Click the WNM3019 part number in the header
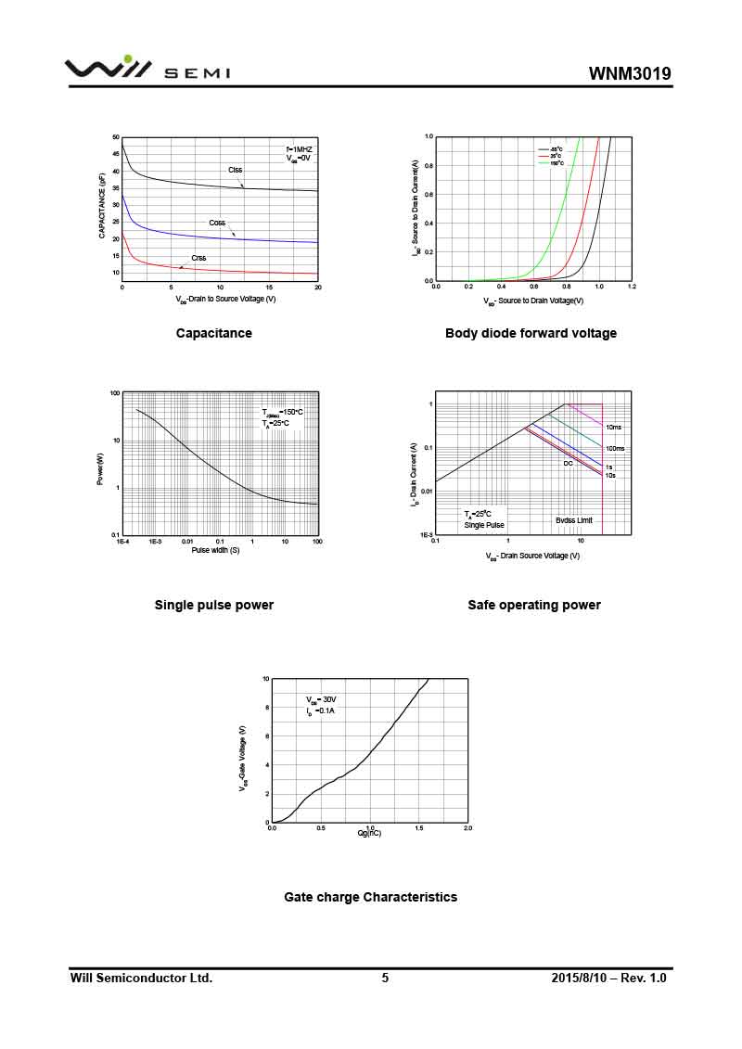(630, 74)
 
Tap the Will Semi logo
(147, 70)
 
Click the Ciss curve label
(236, 170)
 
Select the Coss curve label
(217, 223)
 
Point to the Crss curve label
(198, 258)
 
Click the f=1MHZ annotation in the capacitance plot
(300, 149)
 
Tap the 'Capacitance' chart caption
(213, 333)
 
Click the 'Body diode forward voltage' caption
(531, 333)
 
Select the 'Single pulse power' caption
(213, 605)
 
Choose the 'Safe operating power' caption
(534, 605)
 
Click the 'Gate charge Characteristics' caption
(370, 897)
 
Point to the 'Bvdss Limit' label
(574, 520)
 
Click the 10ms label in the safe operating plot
(613, 428)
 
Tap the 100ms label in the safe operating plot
(615, 449)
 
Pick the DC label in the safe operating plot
(569, 462)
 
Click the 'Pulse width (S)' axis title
(215, 550)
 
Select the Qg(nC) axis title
(369, 833)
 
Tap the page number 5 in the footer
(385, 978)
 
